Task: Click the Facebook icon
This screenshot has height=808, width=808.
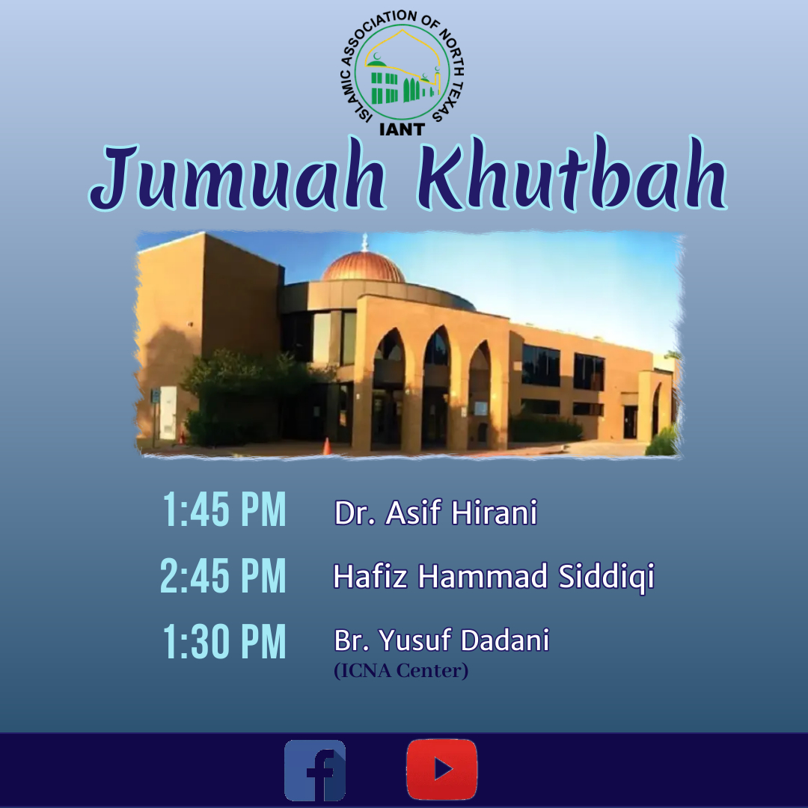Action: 315,770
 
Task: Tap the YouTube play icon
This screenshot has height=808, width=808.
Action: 441,769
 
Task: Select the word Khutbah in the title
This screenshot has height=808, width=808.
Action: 572,174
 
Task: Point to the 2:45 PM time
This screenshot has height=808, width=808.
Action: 223,575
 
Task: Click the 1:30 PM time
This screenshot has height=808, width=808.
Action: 224,641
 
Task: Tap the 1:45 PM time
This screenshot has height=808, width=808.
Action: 224,509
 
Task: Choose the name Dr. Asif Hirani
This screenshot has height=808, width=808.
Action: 435,512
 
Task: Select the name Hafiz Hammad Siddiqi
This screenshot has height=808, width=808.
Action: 494,576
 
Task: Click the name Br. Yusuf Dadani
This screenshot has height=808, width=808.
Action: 441,640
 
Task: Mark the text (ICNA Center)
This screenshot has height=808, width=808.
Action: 401,670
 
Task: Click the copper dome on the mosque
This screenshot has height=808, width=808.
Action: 364,266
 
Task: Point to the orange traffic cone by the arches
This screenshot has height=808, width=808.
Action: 327,446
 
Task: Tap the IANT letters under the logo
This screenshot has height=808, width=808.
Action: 402,129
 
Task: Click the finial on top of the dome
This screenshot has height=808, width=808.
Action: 365,242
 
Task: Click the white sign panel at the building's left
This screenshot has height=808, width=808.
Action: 168,413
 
